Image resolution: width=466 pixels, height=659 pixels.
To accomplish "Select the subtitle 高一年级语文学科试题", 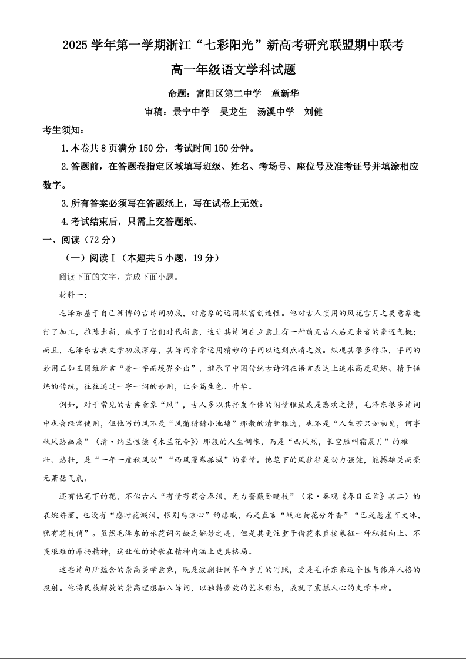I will [x=233, y=70].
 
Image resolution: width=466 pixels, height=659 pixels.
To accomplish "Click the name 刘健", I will [x=313, y=112].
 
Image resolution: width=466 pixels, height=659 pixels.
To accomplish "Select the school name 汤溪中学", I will [x=276, y=112].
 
